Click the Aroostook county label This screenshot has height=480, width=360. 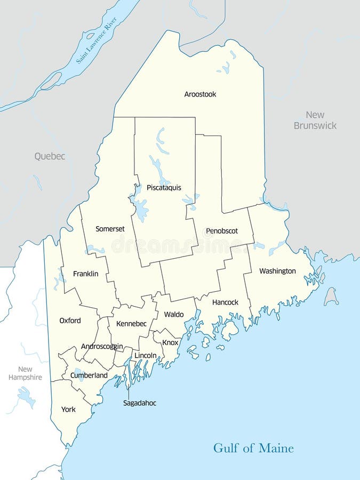200,94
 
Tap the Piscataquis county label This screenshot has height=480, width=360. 164,188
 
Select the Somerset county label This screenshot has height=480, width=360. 110,229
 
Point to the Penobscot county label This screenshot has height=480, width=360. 222,231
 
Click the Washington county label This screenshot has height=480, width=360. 277,271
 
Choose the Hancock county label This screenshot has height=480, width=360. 225,302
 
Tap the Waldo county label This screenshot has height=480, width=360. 174,314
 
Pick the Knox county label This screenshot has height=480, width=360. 170,342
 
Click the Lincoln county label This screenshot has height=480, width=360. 146,355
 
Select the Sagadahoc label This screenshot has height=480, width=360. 140,403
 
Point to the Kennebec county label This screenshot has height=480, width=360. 131,324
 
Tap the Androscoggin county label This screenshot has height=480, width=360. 102,346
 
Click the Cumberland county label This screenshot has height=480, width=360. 89,375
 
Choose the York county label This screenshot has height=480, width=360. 68,410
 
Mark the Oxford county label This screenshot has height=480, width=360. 70,321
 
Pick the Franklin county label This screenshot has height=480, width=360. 86,274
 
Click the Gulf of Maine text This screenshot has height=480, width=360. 253,448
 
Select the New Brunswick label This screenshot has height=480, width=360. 315,120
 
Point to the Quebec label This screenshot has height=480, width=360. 50,156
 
